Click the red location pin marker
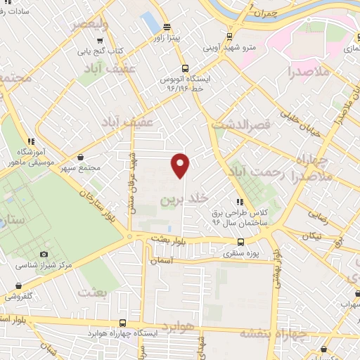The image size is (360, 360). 181,165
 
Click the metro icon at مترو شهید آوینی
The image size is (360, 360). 229,38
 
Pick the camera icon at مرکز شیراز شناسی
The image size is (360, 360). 44,254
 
